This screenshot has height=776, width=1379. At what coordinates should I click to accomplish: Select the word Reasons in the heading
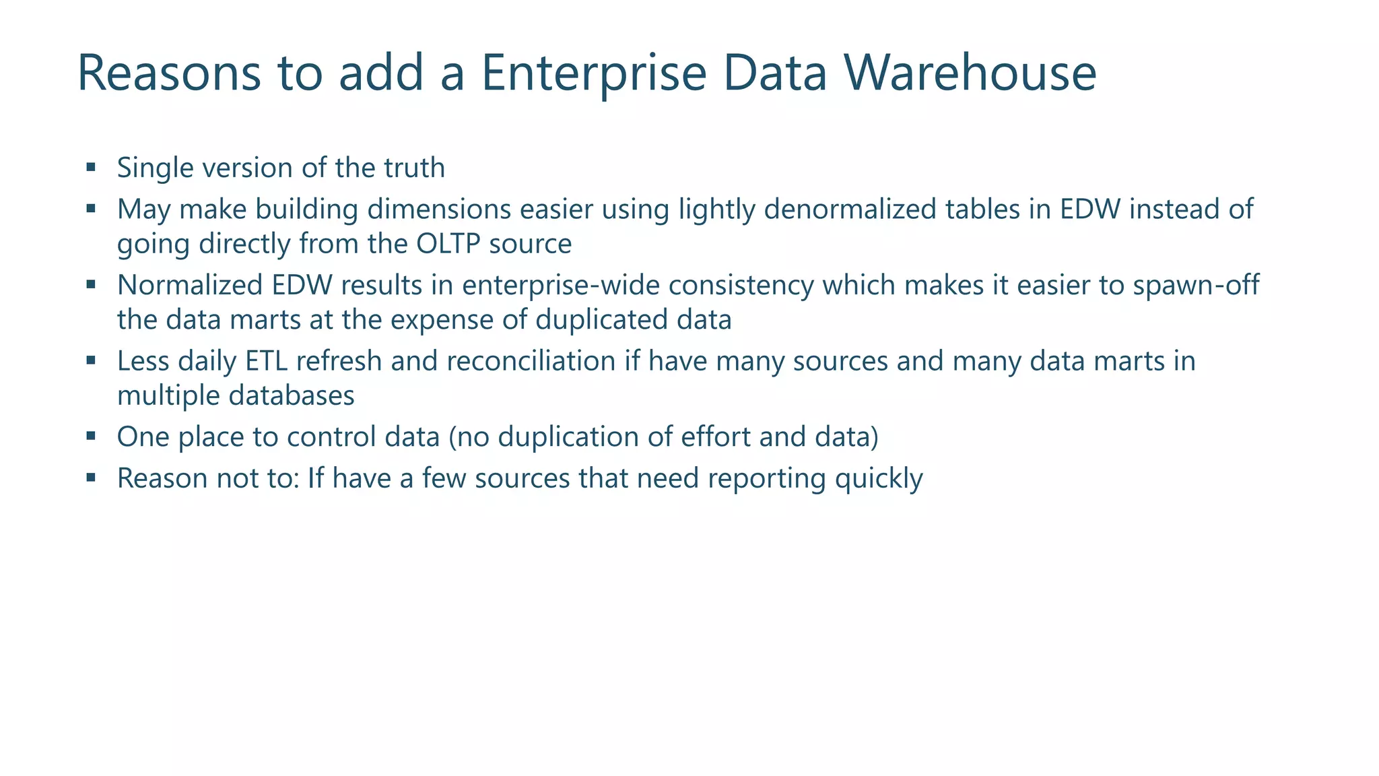(x=169, y=73)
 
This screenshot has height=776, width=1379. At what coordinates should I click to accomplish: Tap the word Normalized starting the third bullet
(x=191, y=285)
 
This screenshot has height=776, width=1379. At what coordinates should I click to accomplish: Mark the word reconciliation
(x=531, y=361)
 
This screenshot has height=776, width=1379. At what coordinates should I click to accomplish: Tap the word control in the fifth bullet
(x=331, y=437)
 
